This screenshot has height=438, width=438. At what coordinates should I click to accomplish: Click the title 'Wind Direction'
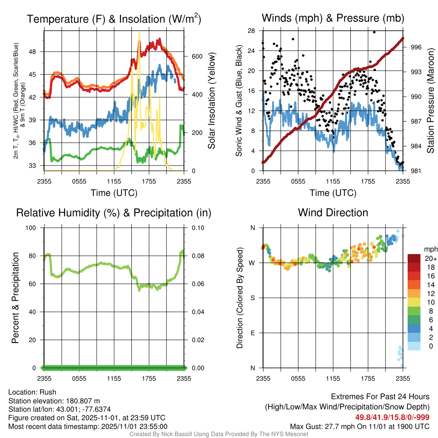pyautogui.click(x=333, y=213)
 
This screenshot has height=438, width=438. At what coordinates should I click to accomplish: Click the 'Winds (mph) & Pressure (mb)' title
pyautogui.click(x=333, y=18)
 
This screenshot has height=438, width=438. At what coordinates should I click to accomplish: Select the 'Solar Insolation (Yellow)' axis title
pyautogui.click(x=212, y=101)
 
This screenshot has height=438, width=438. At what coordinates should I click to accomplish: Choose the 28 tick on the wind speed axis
pyautogui.click(x=252, y=31)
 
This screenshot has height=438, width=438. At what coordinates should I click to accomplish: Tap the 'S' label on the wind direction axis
pyautogui.click(x=252, y=298)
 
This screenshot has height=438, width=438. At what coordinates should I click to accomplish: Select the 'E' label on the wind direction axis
pyautogui.click(x=252, y=333)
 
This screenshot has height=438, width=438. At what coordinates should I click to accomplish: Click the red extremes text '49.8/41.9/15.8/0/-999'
pyautogui.click(x=392, y=417)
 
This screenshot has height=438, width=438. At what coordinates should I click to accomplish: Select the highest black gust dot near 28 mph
pyautogui.click(x=374, y=32)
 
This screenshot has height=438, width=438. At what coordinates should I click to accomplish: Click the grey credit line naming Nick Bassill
pyautogui.click(x=219, y=434)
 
